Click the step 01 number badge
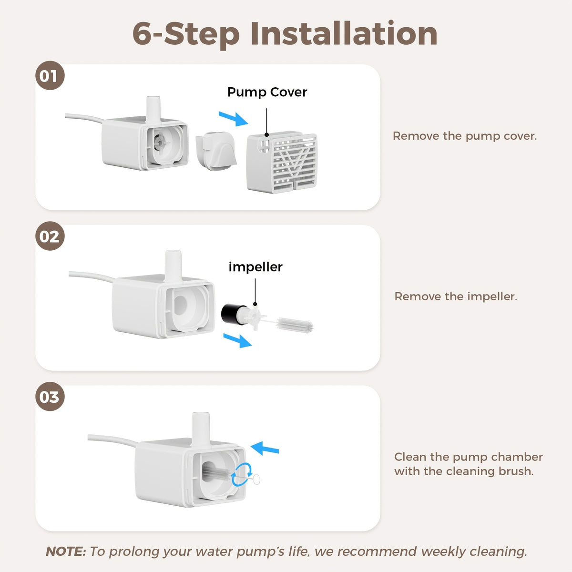point(50,75)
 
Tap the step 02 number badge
point(50,236)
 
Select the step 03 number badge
point(50,397)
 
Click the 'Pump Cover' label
point(267,92)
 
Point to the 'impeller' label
point(255,267)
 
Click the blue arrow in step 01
point(233,119)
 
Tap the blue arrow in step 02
point(237,340)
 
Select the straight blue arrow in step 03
point(265,448)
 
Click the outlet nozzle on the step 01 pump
point(153,109)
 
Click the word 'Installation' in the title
point(344,33)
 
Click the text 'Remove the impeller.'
point(456,296)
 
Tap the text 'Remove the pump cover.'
point(465,136)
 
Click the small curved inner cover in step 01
point(216,151)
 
